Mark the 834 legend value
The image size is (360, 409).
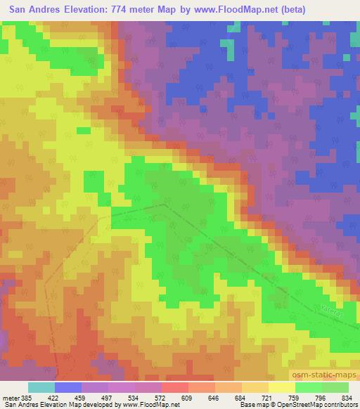(347, 398)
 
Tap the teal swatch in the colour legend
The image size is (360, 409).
(41, 387)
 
